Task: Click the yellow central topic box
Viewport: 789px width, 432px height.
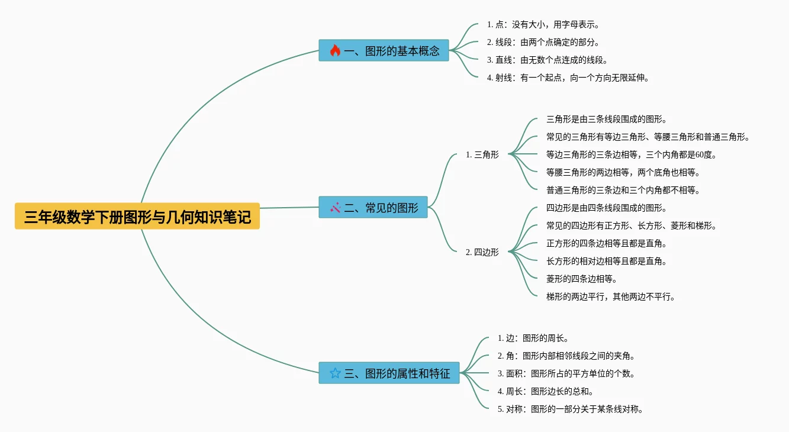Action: pyautogui.click(x=137, y=217)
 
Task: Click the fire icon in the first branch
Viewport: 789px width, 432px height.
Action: pyautogui.click(x=335, y=51)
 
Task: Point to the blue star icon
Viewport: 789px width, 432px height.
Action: pyautogui.click(x=335, y=373)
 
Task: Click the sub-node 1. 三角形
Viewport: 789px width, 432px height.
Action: pyautogui.click(x=482, y=155)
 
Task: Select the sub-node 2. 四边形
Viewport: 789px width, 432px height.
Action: pyautogui.click(x=482, y=252)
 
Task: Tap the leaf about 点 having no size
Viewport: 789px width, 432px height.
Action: pyautogui.click(x=543, y=25)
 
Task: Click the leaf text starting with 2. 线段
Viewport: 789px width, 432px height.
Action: pyautogui.click(x=543, y=43)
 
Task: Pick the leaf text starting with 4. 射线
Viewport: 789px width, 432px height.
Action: pyautogui.click(x=568, y=78)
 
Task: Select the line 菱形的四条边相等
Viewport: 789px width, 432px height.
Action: pyautogui.click(x=581, y=279)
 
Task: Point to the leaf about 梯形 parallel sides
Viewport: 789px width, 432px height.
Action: pyautogui.click(x=610, y=297)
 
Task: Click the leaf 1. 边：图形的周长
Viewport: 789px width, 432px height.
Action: pyautogui.click(x=533, y=338)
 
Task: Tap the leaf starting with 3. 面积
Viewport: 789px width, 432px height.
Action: pyautogui.click(x=566, y=374)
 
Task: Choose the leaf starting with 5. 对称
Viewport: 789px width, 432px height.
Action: pyautogui.click(x=570, y=410)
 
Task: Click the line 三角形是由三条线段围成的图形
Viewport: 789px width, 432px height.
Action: pyautogui.click(x=607, y=120)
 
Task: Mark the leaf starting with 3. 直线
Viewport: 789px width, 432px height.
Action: pyautogui.click(x=547, y=60)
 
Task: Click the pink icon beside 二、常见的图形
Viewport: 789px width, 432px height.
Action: pyautogui.click(x=335, y=208)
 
